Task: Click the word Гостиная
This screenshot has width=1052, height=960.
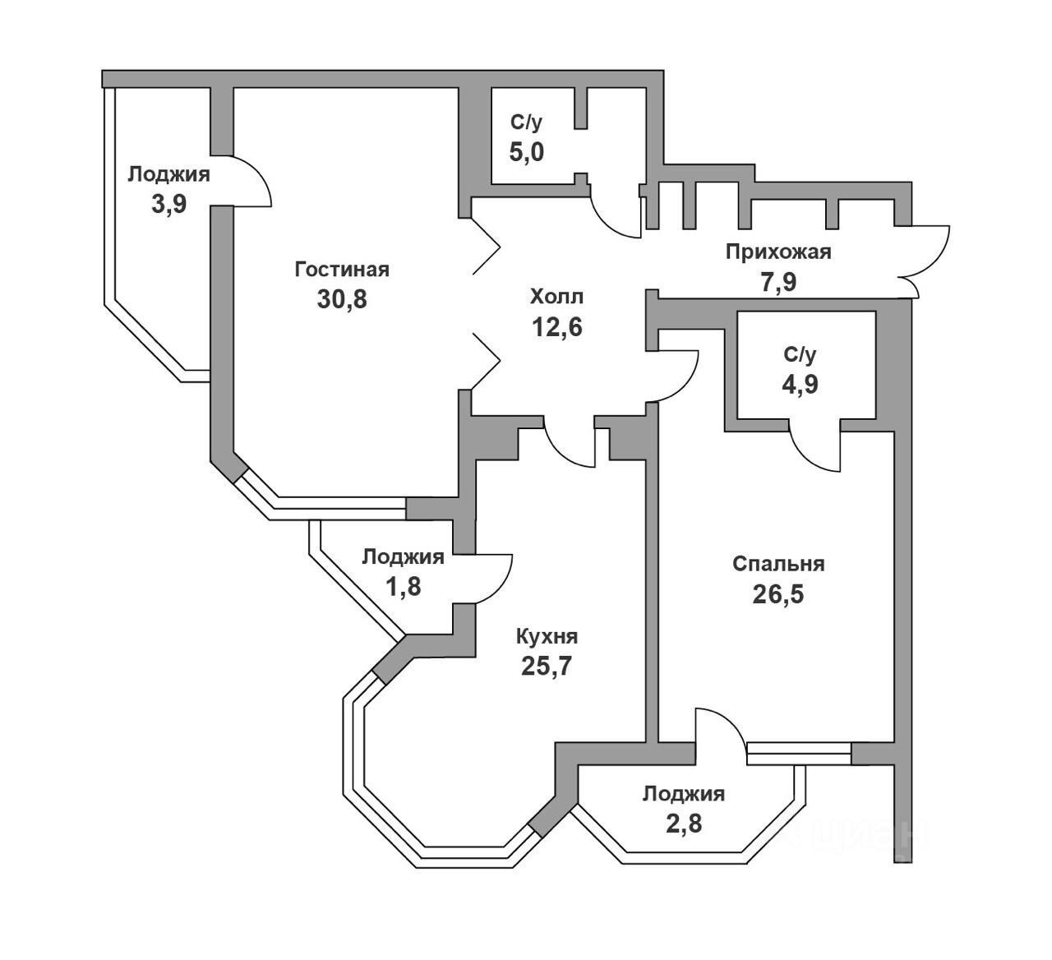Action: [x=342, y=270]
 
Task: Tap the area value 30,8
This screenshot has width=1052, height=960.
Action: [x=342, y=299]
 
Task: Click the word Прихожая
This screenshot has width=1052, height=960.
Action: [x=777, y=252]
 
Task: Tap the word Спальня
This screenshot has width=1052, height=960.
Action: [x=778, y=564]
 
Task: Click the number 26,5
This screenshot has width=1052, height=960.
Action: [x=778, y=594]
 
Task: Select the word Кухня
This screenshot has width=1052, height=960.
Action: [x=547, y=636]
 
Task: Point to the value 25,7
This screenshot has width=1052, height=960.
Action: [x=547, y=666]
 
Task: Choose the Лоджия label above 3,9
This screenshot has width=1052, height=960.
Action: [x=168, y=174]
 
